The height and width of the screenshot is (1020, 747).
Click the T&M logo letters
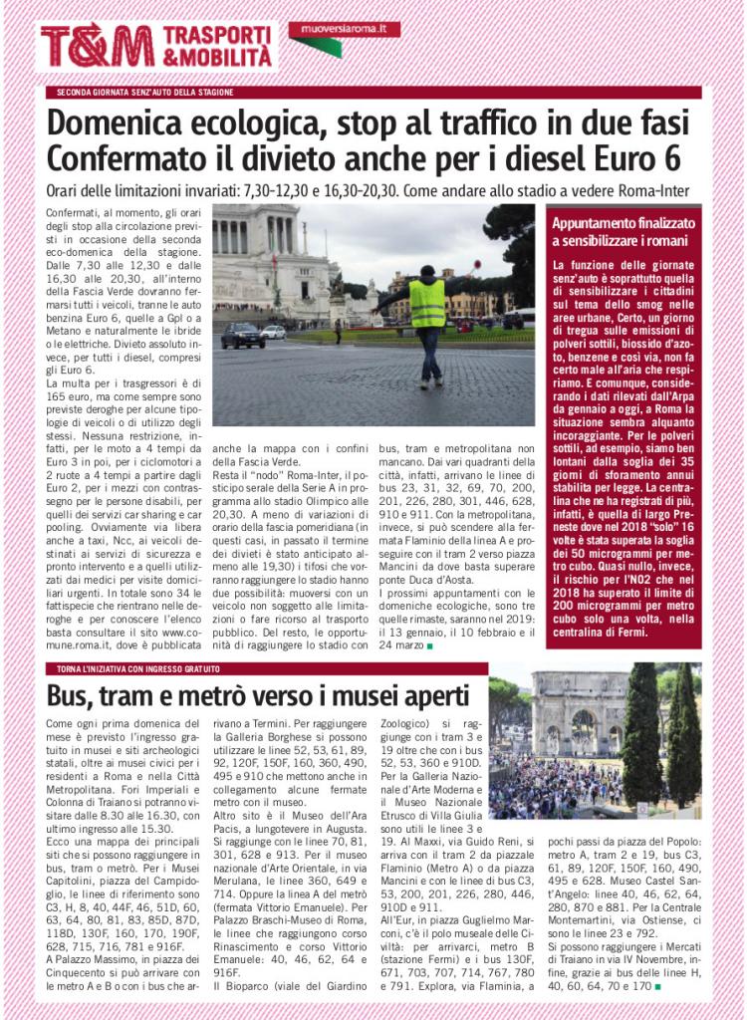97,46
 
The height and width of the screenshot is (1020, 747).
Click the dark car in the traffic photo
243,336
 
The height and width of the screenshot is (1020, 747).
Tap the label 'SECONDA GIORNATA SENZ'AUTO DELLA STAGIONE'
145,93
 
